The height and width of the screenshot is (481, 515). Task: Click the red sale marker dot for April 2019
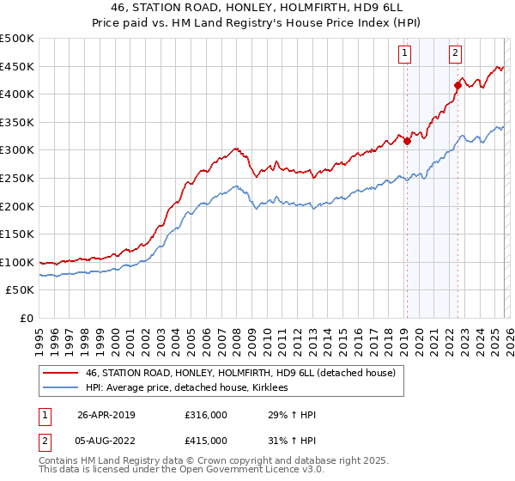[x=407, y=142]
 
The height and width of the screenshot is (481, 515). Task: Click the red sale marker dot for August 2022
[x=457, y=86]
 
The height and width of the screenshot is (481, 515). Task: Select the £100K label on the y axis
[x=17, y=262]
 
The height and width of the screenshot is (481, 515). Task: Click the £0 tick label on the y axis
[x=26, y=318]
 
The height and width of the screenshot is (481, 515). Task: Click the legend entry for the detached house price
[x=239, y=373]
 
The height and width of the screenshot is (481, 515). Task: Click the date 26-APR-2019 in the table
[x=106, y=416]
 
